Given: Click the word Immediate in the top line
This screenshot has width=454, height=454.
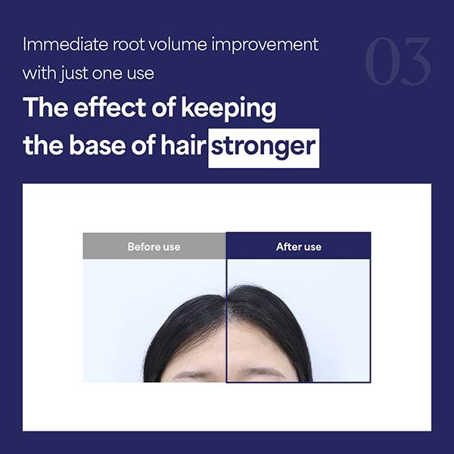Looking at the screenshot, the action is pos(65,45).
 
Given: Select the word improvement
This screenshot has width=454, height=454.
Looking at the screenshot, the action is pos(265,45).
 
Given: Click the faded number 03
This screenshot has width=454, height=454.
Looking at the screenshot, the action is pos(397,61).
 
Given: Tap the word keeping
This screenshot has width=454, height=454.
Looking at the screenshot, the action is pos(229,109).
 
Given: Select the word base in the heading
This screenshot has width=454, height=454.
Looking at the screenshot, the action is pos(98,145).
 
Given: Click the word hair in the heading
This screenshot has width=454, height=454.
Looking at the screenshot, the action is pos(183,145).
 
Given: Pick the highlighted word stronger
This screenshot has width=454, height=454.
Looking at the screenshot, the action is pos(263,147).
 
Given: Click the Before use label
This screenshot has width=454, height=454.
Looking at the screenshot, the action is pos(154,247).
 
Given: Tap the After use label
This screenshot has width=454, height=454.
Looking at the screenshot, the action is pos(299,247).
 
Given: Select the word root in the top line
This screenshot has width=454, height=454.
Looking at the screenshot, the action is pos(128,45).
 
